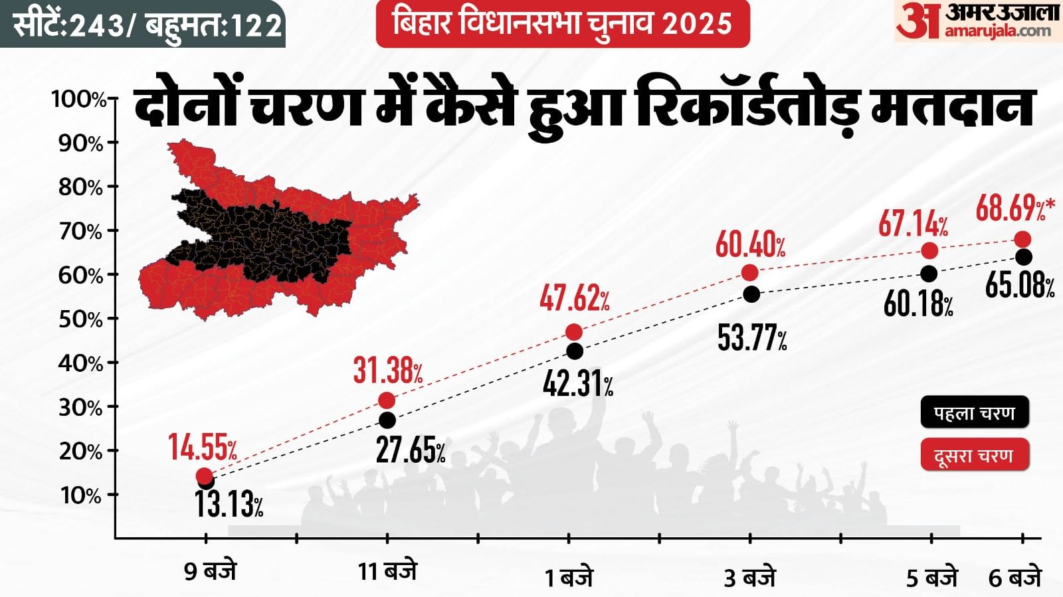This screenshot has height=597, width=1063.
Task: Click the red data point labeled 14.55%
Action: click(x=205, y=475)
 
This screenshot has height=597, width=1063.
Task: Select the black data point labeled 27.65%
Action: click(x=387, y=420)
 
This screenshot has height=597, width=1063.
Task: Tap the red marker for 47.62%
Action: click(x=574, y=332)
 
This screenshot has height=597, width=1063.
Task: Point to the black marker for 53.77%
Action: click(x=751, y=294)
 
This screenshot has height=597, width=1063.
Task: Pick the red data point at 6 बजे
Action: click(x=1023, y=239)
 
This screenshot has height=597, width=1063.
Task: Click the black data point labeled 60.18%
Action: click(x=929, y=274)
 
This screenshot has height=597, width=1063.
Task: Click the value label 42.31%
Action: click(x=577, y=383)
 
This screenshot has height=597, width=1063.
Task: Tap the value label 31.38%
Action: click(x=387, y=370)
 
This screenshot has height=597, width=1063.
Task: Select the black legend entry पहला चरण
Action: click(x=974, y=413)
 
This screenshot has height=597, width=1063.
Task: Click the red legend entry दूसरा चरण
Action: click(x=974, y=456)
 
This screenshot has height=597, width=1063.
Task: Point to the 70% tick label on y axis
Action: click(x=80, y=232)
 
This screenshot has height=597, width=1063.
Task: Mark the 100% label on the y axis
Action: click(x=78, y=100)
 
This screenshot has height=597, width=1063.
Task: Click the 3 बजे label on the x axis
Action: click(x=749, y=577)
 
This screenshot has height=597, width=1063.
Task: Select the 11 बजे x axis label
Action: click(x=387, y=571)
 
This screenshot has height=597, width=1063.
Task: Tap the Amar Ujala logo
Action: click(x=977, y=21)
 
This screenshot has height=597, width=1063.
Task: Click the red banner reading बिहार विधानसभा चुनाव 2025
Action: click(x=563, y=23)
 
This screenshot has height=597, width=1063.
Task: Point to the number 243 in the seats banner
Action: click(x=98, y=25)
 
